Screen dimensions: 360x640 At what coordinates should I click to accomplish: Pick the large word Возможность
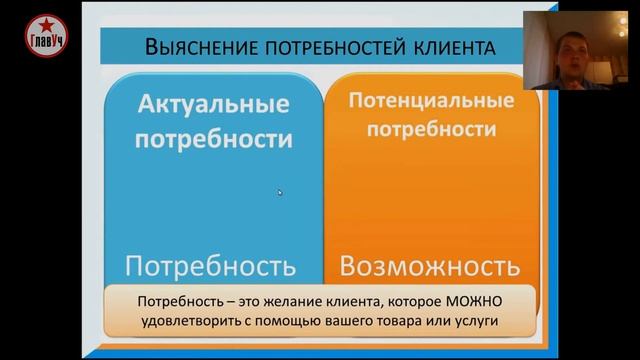(x=429, y=266)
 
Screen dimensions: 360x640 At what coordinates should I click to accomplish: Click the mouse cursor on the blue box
(x=280, y=192)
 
